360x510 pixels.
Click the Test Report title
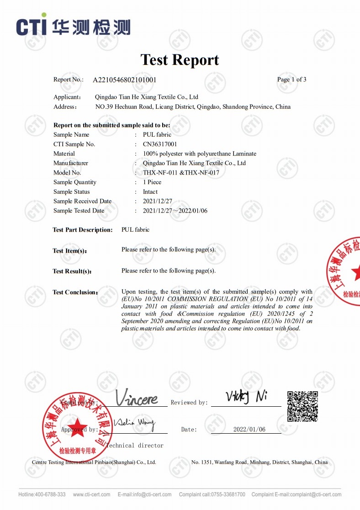[x=180, y=60]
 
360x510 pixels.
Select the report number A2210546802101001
[x=125, y=80]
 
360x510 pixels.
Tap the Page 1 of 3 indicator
[x=291, y=80]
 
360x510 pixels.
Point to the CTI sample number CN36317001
[x=160, y=144]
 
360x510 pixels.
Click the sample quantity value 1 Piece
[x=152, y=182]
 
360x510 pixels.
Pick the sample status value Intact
[x=150, y=192]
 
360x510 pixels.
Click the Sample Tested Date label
[x=79, y=211]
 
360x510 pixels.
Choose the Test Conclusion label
[x=75, y=292]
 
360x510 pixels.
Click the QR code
[x=302, y=406]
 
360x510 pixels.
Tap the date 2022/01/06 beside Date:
[x=249, y=430]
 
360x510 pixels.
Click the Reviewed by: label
[x=189, y=403]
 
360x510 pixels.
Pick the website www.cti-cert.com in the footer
[x=91, y=494]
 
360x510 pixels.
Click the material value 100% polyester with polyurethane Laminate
[x=200, y=154]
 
